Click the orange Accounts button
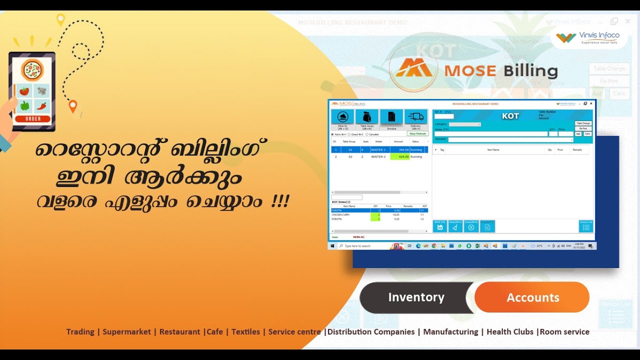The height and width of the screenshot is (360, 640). click(532, 297)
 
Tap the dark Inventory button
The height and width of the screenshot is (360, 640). click(416, 297)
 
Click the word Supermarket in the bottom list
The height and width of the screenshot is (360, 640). click(126, 331)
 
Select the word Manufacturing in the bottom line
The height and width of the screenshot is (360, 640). click(450, 331)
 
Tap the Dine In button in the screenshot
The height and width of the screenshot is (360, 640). click(342, 120)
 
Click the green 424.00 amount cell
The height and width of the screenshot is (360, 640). click(400, 156)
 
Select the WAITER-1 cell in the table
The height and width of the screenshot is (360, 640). click(378, 149)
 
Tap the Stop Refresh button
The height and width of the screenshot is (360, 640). click(417, 133)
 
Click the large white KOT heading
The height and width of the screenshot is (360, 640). click(510, 116)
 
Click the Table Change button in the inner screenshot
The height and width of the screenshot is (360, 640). click(583, 123)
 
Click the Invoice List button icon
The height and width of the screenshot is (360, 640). click(585, 226)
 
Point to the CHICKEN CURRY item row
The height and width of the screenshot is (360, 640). click(343, 214)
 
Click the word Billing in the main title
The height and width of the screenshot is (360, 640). click(530, 71)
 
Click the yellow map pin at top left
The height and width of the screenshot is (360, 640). click(60, 19)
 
